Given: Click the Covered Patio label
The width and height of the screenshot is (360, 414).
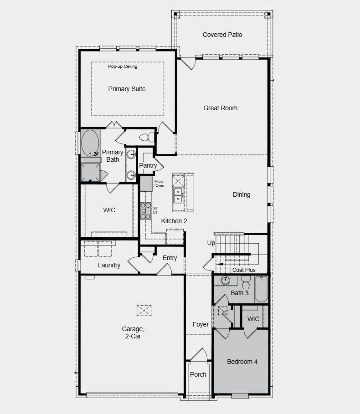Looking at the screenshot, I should [222, 35].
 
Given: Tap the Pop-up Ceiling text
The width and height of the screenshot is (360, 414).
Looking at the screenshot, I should [123, 66].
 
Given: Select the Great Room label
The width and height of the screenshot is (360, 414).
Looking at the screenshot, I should [220, 108].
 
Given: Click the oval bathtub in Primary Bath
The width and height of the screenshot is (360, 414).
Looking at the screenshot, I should [90, 143].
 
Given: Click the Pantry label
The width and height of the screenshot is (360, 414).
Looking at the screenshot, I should [148, 165].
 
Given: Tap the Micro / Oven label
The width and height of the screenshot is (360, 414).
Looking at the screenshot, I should [159, 184].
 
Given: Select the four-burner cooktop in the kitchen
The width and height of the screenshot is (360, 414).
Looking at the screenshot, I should [145, 211].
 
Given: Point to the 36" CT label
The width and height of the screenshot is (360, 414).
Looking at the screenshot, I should [155, 210].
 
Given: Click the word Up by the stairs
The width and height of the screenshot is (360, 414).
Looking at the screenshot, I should [211, 243].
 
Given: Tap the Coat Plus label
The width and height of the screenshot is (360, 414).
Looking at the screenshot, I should [244, 270].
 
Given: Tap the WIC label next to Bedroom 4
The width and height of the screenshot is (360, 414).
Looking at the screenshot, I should [253, 319].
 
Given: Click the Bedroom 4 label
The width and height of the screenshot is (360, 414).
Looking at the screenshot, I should [242, 362].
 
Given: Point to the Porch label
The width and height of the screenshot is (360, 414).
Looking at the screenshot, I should [198, 374].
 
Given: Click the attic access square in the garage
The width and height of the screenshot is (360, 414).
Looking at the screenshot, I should [144, 310].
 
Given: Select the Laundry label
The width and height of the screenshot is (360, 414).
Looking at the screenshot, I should [109, 265].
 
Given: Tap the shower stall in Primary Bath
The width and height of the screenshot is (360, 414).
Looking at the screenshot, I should [90, 173].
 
